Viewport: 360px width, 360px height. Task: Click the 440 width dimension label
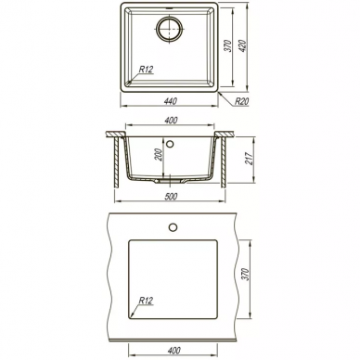tap(171, 101)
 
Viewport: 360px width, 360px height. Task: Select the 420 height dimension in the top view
tap(243, 45)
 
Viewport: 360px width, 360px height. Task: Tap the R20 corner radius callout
tap(241, 101)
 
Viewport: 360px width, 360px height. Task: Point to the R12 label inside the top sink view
tap(146, 70)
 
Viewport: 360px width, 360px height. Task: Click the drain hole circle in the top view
tap(170, 29)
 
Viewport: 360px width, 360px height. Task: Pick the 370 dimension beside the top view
tap(228, 45)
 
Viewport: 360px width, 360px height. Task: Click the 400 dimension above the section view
tap(171, 120)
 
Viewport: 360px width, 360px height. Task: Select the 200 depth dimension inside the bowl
tap(160, 155)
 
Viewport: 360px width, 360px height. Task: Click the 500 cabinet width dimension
tap(171, 197)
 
